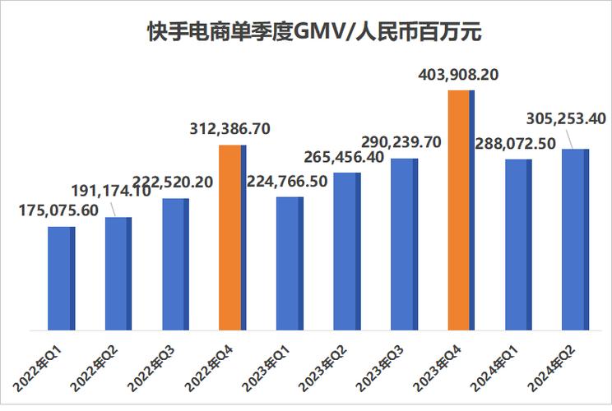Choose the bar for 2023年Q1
[x=290, y=263]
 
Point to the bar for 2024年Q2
[x=575, y=239]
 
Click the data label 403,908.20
[x=461, y=76]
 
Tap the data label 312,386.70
[x=231, y=129]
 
